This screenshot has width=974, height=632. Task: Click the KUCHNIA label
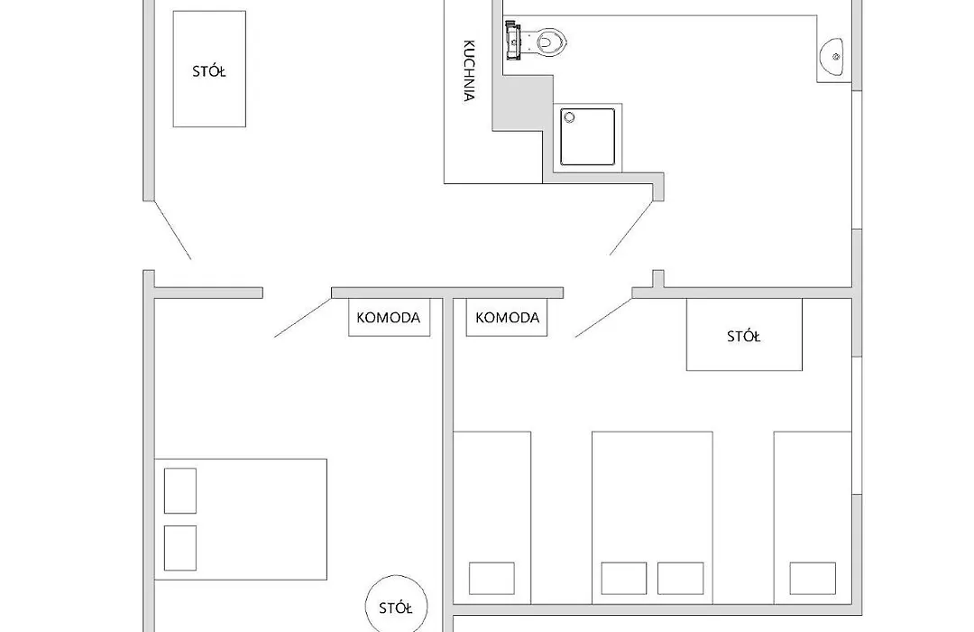[x=470, y=70]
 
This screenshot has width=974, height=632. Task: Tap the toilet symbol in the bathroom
[x=538, y=41]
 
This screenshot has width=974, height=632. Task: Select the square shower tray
[x=588, y=137]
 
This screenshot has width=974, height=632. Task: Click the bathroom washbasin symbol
[x=832, y=57]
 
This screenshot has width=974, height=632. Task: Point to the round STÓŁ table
[x=396, y=607]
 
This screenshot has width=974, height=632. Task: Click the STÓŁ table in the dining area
[x=209, y=69]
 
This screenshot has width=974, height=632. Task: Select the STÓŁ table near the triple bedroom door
[x=744, y=335]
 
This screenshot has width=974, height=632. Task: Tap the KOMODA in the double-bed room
[x=389, y=318]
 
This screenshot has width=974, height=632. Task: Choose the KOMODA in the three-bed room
[x=507, y=318]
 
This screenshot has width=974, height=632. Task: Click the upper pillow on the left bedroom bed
[x=180, y=491]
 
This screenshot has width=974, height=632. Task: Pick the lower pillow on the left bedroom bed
[x=180, y=548]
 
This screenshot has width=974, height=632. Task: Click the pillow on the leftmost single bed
[x=492, y=578]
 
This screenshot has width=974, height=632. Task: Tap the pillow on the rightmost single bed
[x=813, y=578]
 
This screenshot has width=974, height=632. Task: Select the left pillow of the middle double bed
[x=624, y=578]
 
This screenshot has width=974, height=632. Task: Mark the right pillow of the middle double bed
[x=680, y=578]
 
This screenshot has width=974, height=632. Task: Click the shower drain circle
[x=569, y=117]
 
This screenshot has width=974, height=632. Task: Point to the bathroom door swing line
[x=631, y=228]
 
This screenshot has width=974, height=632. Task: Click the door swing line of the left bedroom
[x=303, y=318]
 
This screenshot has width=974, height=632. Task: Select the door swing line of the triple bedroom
[x=603, y=318]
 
